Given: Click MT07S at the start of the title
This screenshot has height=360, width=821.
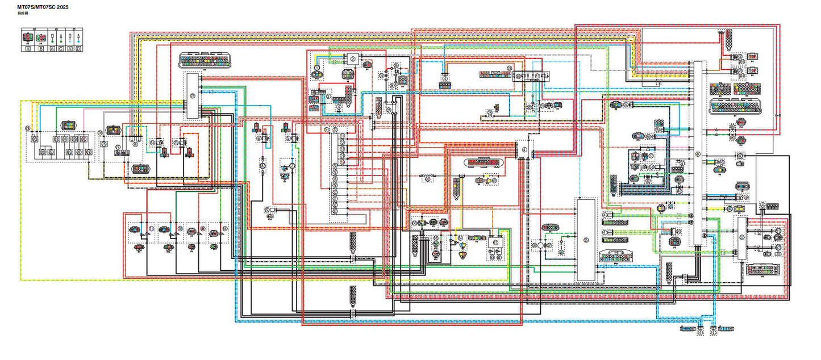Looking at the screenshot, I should click(26, 7).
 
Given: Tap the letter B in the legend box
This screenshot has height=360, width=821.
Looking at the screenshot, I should click(41, 49).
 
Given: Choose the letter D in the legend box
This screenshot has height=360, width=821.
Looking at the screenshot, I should click(78, 49).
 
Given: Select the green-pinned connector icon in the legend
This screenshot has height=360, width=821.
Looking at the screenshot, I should click(41, 39).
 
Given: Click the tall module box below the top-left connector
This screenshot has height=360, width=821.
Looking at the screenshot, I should click(192, 96).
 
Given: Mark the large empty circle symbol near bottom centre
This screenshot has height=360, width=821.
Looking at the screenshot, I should click(541, 245).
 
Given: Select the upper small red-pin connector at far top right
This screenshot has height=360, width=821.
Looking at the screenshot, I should click(753, 57).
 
